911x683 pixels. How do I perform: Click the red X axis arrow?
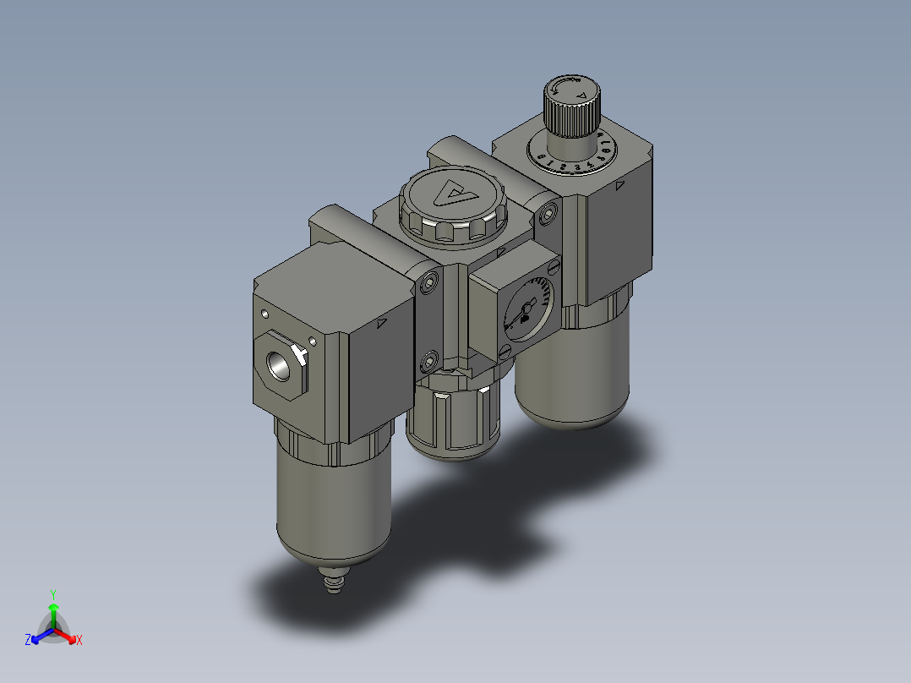[x=70, y=636]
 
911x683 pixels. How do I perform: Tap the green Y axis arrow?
[x=52, y=610]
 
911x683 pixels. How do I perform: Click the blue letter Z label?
[x=28, y=640]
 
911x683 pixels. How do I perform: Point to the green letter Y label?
[x=52, y=594]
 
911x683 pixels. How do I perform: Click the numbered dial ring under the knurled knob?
[x=573, y=156]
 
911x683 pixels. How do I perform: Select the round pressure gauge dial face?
[x=526, y=310]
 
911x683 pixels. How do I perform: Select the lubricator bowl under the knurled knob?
[x=571, y=372]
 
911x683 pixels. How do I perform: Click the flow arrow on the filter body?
[x=381, y=322]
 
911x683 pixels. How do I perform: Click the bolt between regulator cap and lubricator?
[x=550, y=213]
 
